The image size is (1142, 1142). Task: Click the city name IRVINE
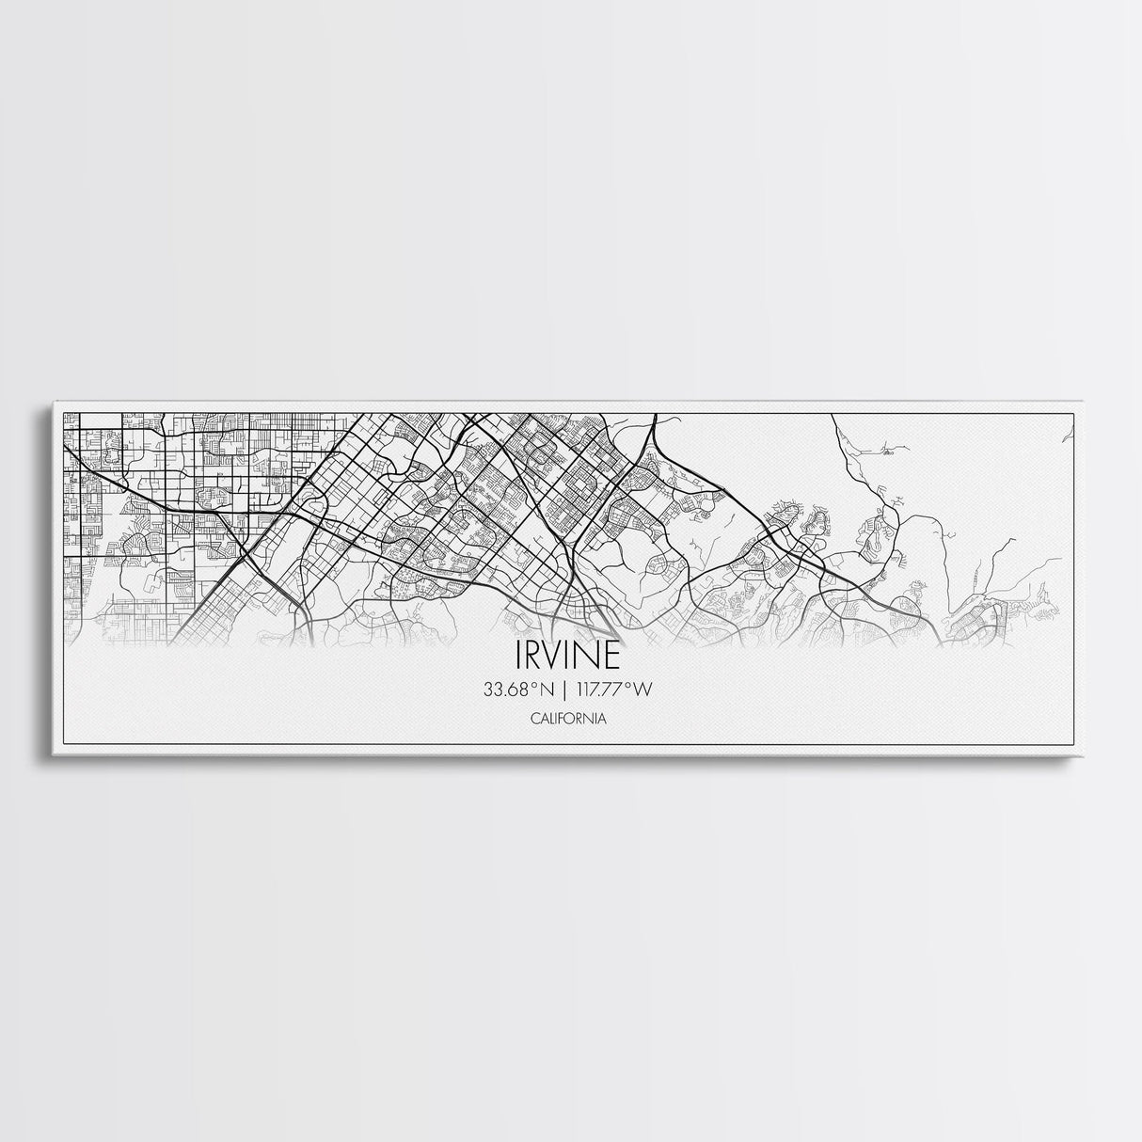[x=567, y=655]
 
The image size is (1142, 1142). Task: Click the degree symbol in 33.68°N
[x=533, y=685]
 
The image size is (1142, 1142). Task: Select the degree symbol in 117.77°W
[x=628, y=685]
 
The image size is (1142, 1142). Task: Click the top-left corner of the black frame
[x=62, y=413]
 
